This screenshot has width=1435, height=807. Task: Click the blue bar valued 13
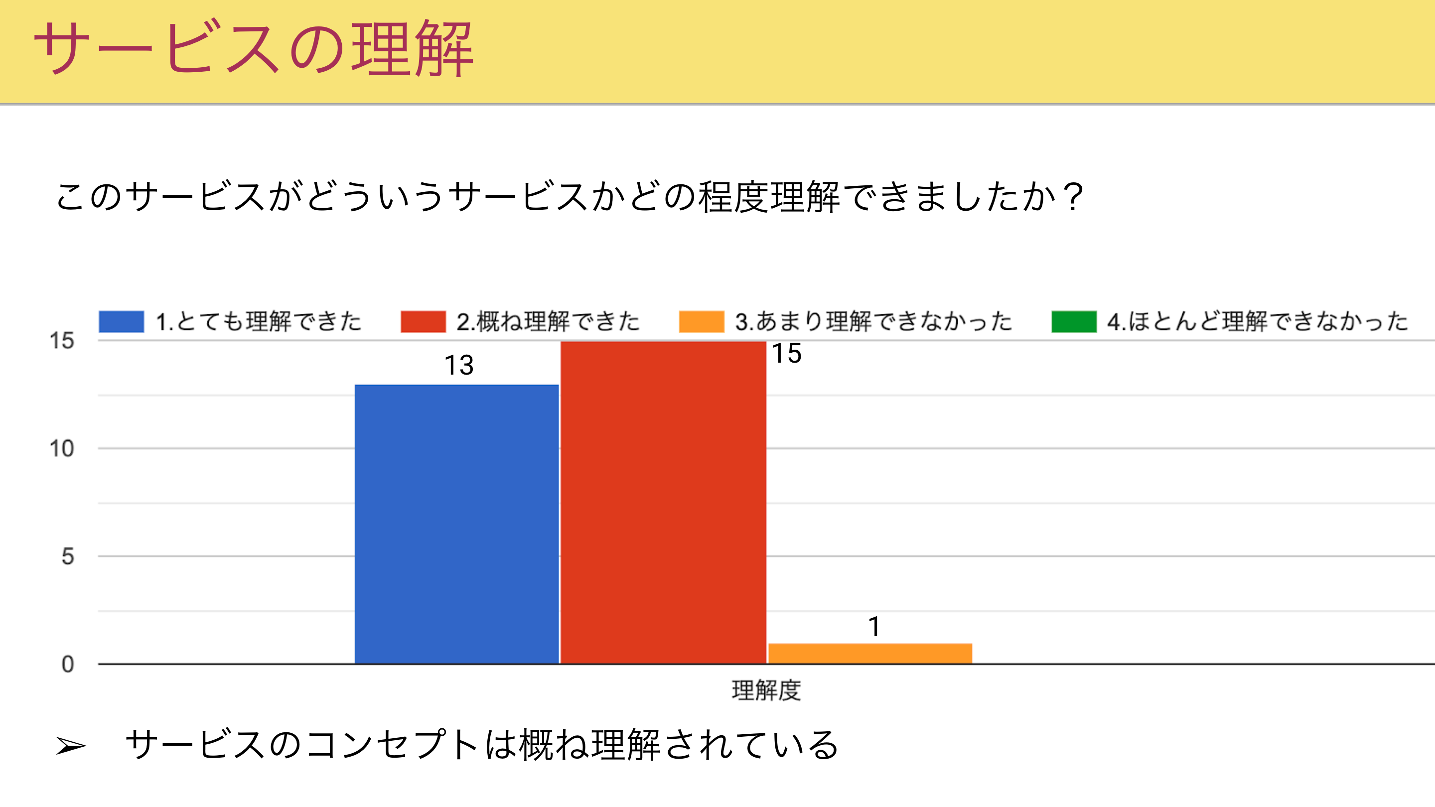pos(456,524)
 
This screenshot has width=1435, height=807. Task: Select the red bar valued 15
pos(663,501)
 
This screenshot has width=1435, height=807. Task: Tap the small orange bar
pos(869,653)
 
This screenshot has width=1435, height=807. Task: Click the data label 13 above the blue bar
pos(458,365)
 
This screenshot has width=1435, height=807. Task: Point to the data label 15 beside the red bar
pos(787,354)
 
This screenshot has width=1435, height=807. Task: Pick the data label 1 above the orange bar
pos(874,627)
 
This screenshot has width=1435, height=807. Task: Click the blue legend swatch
pos(122,321)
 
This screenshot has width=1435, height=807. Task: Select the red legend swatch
pos(423,321)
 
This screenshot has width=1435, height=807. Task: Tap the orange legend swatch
pos(702,321)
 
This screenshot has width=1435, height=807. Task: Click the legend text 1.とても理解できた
pos(259,321)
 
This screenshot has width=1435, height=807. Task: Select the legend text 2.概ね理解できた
pos(548,321)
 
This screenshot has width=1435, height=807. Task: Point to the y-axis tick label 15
pos(61,341)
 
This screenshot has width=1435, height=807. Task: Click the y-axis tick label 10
pos(61,448)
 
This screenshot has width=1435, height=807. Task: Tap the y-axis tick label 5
pos(67,556)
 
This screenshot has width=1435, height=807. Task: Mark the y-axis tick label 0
pos(67,664)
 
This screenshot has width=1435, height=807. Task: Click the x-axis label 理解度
pos(766,690)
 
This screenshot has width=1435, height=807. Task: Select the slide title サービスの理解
pos(254,49)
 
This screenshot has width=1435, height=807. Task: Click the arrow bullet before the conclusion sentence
pos(71,746)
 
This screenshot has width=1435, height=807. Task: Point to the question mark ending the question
pos(1072,197)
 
